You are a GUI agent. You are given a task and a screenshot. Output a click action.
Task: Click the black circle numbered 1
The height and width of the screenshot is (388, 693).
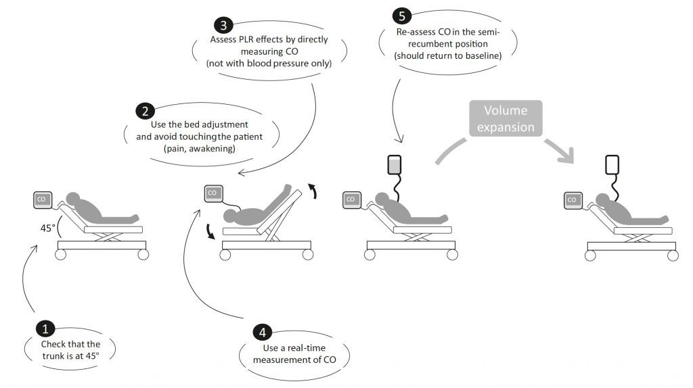[x=45, y=329]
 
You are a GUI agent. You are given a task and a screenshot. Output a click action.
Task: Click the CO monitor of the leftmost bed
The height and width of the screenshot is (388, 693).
[x=43, y=199]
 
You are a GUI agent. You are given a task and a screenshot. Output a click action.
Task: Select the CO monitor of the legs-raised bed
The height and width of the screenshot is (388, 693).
[x=213, y=193]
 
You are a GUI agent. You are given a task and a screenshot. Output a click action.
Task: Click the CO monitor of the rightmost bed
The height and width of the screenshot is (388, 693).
[x=573, y=200]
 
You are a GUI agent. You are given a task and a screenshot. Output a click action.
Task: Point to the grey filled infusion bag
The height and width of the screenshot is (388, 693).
[x=393, y=165]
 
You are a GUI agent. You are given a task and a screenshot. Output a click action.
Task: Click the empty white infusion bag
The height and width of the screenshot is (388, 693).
[x=612, y=165]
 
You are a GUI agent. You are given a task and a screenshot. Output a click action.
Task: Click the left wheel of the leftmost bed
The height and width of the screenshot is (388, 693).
[x=61, y=255]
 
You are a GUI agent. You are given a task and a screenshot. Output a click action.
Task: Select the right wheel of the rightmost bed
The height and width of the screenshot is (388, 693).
[x=672, y=255]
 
